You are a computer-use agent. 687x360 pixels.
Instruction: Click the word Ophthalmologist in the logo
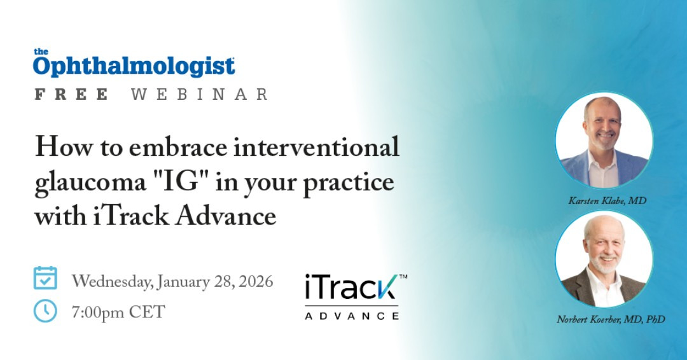[x=134, y=67]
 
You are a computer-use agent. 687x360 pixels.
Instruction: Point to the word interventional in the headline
[x=316, y=146]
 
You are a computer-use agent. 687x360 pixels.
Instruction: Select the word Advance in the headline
[x=226, y=216]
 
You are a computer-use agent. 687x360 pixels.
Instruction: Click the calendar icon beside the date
[x=45, y=278]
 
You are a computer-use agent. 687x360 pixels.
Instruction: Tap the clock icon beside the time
[x=45, y=311]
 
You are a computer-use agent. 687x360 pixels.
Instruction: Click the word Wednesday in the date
[x=113, y=282]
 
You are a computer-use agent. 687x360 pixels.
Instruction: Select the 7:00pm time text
[x=98, y=312]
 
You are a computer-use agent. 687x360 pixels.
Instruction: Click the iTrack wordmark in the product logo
[x=352, y=287]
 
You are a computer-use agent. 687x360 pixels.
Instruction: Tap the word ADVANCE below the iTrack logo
[x=352, y=315]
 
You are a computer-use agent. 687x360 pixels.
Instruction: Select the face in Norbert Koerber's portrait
[x=605, y=246]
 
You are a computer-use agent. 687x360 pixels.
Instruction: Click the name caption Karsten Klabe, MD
[x=607, y=200]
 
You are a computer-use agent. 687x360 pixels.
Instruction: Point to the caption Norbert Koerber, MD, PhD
[x=611, y=319]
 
